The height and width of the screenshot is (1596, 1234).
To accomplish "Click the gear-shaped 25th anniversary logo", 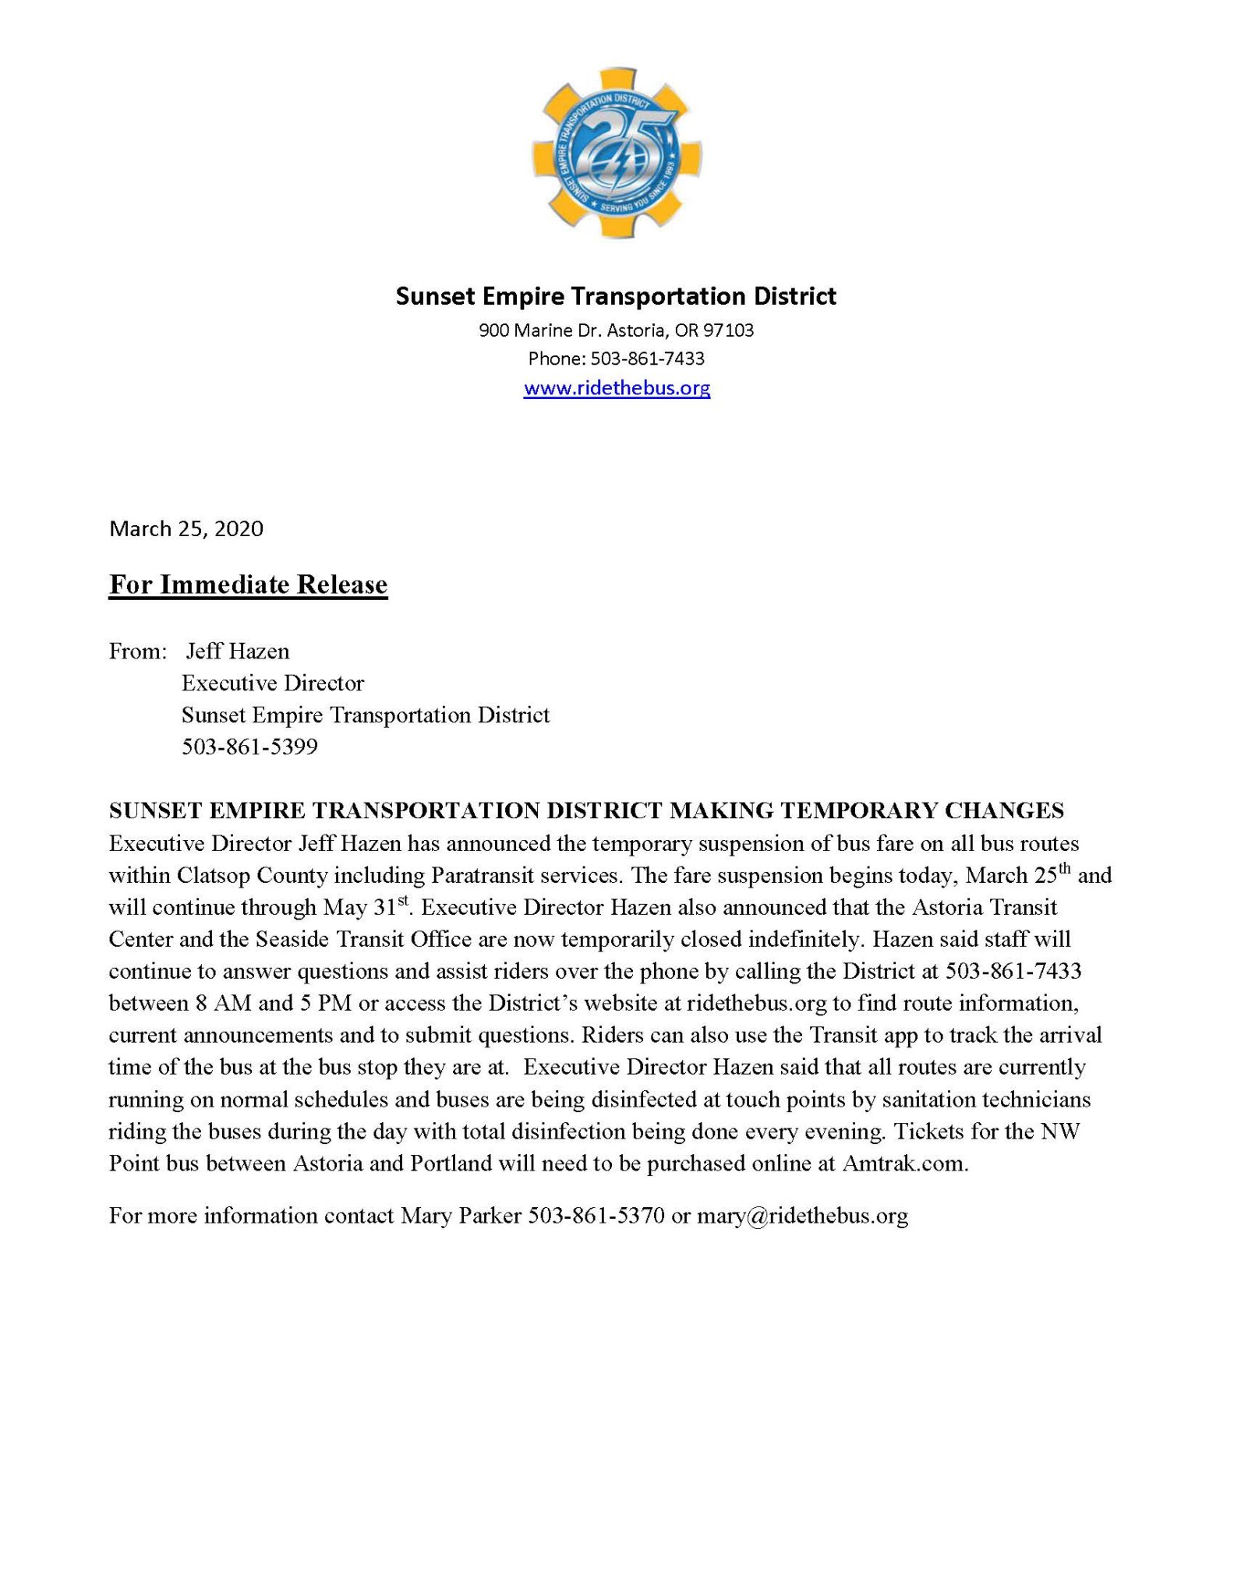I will pyautogui.click(x=617, y=152).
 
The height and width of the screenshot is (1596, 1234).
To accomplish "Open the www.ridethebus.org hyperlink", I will pyautogui.click(x=617, y=388).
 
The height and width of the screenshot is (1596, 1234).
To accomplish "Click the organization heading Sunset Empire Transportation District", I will pyautogui.click(x=616, y=296).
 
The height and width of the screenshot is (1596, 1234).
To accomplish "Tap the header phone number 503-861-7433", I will pyautogui.click(x=647, y=358).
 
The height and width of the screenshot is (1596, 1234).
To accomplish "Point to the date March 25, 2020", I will pyautogui.click(x=186, y=529).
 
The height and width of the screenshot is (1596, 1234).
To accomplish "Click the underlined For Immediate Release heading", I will pyautogui.click(x=248, y=584).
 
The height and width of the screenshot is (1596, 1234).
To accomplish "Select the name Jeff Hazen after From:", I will pyautogui.click(x=237, y=651).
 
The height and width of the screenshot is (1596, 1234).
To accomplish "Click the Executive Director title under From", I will pyautogui.click(x=273, y=683).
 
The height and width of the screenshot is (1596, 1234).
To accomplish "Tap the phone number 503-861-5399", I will pyautogui.click(x=249, y=747).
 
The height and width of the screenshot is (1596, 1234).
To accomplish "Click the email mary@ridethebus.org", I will pyautogui.click(x=802, y=1216).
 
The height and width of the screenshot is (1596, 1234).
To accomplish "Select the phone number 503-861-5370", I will pyautogui.click(x=596, y=1216).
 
